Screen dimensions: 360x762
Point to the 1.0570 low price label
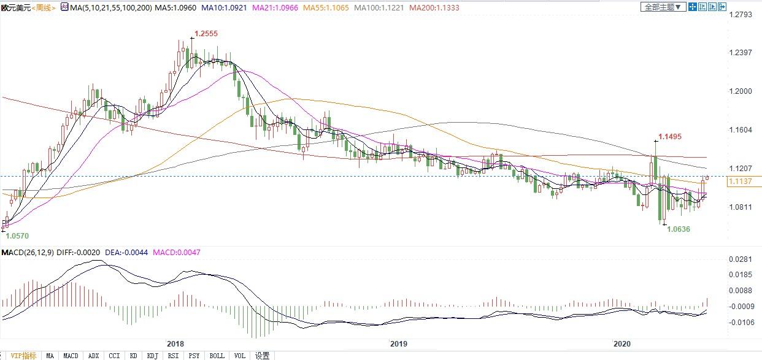click(x=17, y=236)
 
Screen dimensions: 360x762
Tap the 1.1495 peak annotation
click(x=669, y=137)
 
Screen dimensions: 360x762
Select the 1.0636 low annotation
click(x=678, y=229)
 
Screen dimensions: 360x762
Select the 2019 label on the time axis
click(x=399, y=344)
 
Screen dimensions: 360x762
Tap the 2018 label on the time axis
click(x=175, y=344)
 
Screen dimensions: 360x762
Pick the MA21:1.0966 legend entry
click(x=253, y=8)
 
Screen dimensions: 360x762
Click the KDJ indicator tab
click(x=153, y=356)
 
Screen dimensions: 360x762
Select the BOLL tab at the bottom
click(x=217, y=356)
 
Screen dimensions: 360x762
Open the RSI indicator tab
click(x=174, y=356)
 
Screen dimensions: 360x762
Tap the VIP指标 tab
click(x=24, y=356)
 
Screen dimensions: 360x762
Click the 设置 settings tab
click(x=263, y=356)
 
